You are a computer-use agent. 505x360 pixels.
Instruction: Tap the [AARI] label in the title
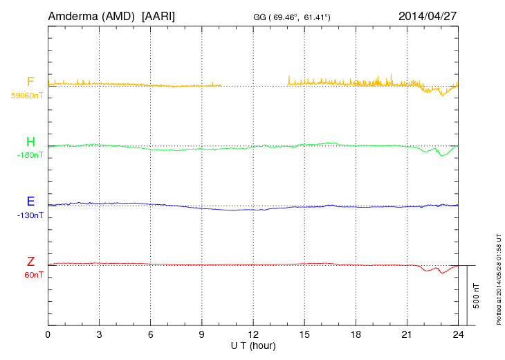coord(158,15)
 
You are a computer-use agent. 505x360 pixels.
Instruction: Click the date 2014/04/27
coord(428,15)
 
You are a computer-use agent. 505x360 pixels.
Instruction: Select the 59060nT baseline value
coord(27,96)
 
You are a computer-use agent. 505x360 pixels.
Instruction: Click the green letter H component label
coord(30,143)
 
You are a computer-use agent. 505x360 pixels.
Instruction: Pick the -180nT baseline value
coord(30,155)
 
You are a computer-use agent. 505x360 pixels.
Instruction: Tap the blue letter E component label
coord(30,202)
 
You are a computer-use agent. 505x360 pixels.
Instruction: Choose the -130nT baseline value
coord(30,215)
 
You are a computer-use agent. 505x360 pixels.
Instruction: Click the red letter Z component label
coord(30,262)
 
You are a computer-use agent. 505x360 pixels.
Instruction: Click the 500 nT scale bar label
coord(477,296)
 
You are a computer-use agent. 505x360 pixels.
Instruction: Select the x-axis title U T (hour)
coord(254,345)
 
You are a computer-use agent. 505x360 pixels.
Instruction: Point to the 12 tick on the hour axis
coord(253,334)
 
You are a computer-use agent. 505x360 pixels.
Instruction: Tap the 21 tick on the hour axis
coord(407,334)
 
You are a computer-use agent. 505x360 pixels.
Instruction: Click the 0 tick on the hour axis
coord(48,334)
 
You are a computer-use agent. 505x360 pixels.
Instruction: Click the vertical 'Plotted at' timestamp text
coord(499,279)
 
